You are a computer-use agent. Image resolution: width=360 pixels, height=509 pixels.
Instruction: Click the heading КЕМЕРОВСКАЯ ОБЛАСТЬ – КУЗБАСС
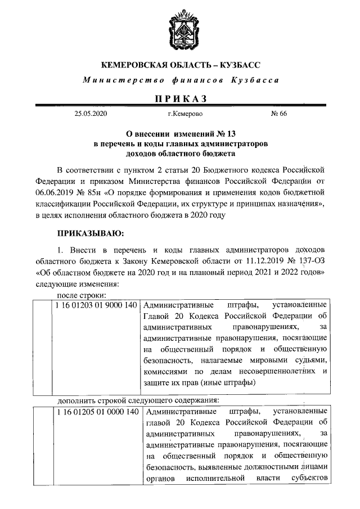click(x=180, y=65)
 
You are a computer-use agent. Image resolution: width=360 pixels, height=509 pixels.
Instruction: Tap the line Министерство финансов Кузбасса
click(x=180, y=80)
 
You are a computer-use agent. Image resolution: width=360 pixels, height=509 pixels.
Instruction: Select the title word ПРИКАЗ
click(x=180, y=99)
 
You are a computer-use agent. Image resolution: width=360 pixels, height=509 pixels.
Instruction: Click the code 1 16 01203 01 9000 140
click(x=96, y=305)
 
